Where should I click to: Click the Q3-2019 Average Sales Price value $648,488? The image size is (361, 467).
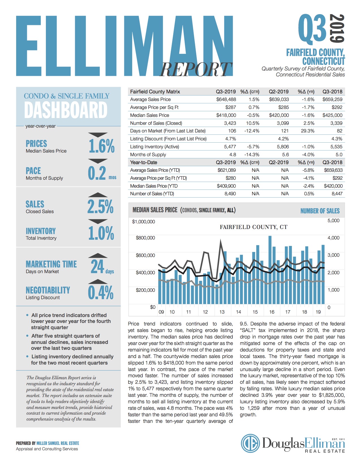[226, 99]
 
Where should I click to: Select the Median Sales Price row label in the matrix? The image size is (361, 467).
[149, 115]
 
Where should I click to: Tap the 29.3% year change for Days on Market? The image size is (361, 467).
[307, 131]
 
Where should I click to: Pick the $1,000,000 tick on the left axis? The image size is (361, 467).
[144, 222]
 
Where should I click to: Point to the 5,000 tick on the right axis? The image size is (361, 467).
[333, 220]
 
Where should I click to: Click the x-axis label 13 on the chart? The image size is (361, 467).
[222, 312]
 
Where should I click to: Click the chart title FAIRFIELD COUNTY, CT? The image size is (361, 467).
[253, 227]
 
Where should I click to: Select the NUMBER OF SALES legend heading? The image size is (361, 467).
[320, 211]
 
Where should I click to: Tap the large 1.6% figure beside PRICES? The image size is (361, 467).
[102, 146]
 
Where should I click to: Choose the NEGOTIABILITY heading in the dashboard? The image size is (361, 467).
[48, 290]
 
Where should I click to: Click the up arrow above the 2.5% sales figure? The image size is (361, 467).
[98, 195]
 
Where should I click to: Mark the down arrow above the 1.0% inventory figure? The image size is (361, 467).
[98, 221]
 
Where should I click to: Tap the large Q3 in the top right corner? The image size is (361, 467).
[312, 28]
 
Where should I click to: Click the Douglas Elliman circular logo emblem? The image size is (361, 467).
[250, 443]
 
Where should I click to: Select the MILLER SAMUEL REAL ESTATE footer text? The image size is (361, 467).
[58, 443]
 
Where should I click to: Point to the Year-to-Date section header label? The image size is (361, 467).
[144, 162]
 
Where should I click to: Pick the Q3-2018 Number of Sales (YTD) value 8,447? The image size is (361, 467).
[337, 194]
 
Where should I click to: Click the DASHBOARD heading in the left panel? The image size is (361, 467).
[66, 110]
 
